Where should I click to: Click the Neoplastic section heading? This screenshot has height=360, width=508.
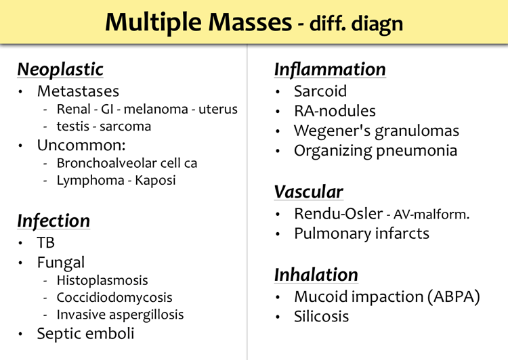click(x=60, y=69)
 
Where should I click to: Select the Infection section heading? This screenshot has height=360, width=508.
click(x=54, y=221)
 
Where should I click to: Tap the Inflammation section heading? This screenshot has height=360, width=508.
click(x=330, y=69)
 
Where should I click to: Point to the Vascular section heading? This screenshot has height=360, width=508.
click(x=308, y=192)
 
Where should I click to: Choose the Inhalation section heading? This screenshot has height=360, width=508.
click(x=316, y=275)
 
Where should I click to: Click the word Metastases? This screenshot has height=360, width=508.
click(x=78, y=91)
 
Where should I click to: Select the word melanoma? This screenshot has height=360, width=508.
click(x=156, y=109)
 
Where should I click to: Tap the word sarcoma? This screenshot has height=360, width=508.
click(x=125, y=127)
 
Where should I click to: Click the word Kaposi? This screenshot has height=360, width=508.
click(x=155, y=180)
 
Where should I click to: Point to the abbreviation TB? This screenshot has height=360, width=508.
click(x=45, y=242)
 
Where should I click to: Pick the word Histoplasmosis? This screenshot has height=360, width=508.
click(x=102, y=280)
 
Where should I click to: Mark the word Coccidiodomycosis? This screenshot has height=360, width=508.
click(x=114, y=297)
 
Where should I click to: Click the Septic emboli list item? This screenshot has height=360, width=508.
click(x=85, y=334)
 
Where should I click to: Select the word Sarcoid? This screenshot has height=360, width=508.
click(x=320, y=91)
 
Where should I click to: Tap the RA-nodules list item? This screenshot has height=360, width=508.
click(x=335, y=111)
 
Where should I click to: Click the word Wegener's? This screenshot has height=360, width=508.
click(x=332, y=131)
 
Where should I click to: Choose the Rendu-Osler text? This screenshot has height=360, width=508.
click(x=338, y=213)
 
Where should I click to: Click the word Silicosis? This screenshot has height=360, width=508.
click(x=321, y=316)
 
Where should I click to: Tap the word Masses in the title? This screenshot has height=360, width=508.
click(x=250, y=22)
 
